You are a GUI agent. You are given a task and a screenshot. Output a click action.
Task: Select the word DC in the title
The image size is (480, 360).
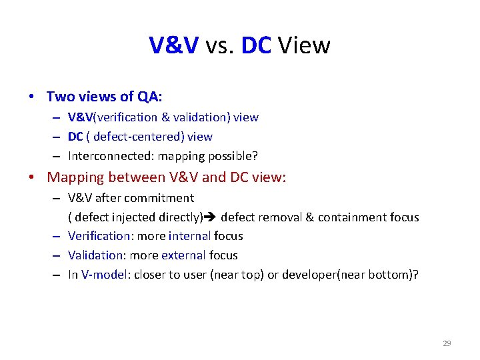tap(255, 45)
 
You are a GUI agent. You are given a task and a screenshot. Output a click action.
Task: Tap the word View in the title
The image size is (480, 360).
tap(303, 45)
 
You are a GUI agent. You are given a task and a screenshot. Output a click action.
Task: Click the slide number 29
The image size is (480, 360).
tap(447, 343)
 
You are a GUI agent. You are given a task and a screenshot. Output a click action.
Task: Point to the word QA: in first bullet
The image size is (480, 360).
tap(150, 97)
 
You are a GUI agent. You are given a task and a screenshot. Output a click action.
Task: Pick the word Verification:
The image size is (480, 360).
tap(99, 236)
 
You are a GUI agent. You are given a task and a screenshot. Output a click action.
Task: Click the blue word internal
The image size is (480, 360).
tap(189, 236)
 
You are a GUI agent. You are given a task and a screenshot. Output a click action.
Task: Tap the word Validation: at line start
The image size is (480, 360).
tap(96, 255)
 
